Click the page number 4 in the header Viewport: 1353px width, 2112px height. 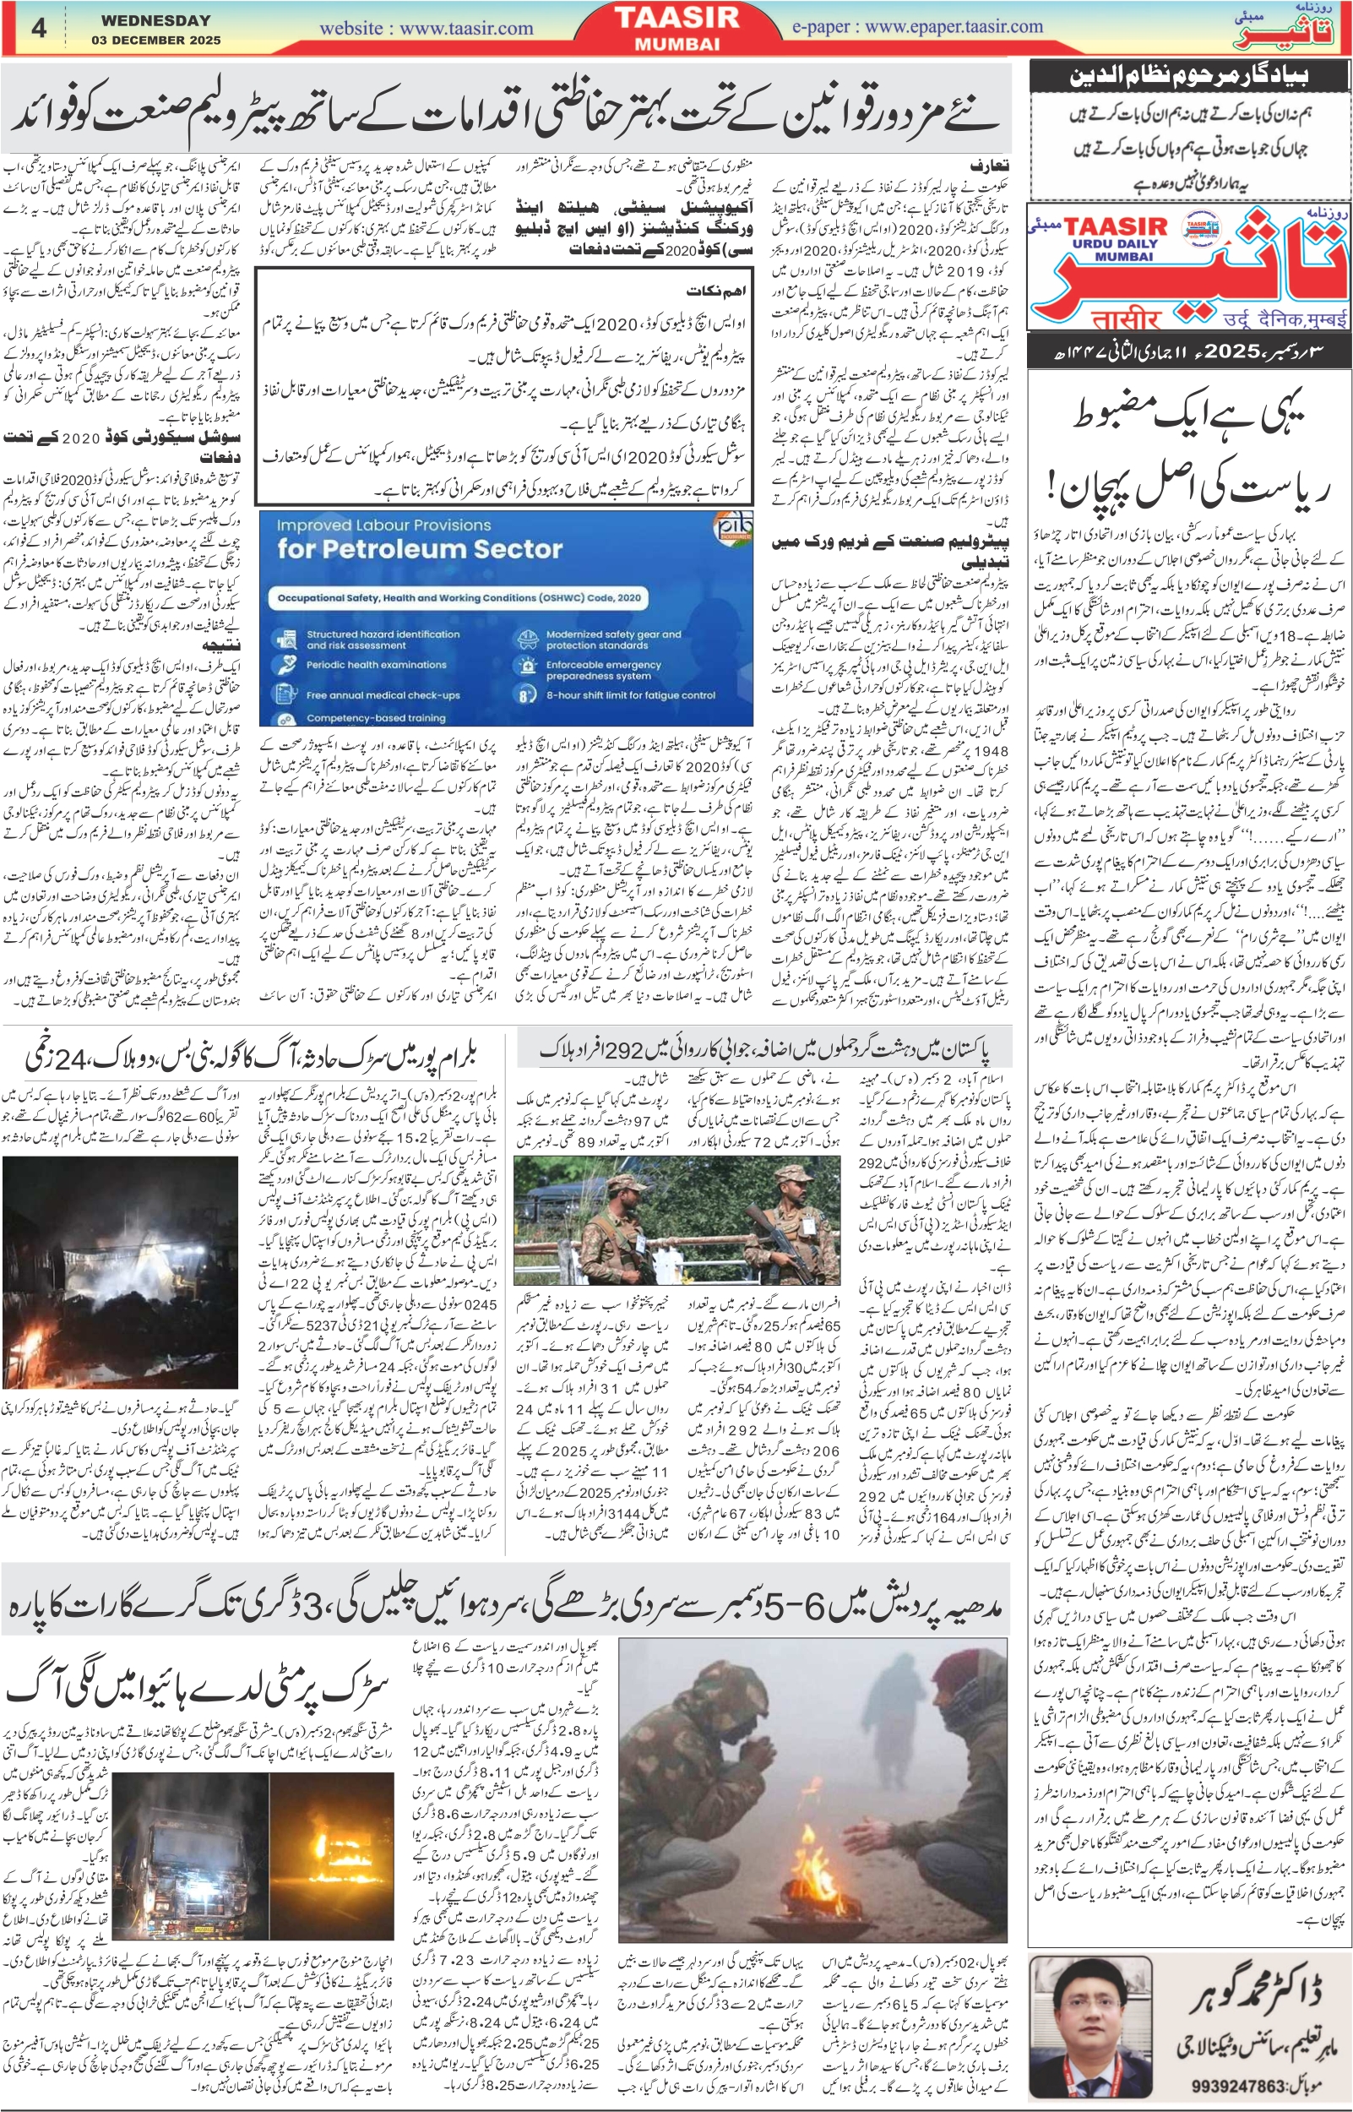click(39, 28)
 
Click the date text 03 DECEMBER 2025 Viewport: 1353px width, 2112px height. click(155, 41)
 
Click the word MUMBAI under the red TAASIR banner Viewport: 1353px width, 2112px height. click(676, 44)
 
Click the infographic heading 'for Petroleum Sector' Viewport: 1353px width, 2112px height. click(419, 549)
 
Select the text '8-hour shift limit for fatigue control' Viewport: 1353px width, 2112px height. click(631, 695)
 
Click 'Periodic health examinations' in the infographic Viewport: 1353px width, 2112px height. click(376, 665)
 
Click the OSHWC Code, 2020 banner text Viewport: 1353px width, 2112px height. click(459, 597)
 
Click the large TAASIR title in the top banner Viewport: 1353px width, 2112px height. click(676, 18)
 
